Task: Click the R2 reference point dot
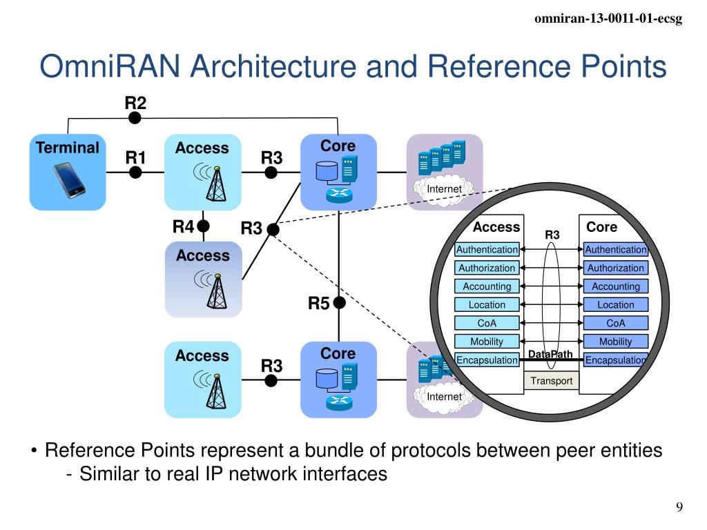(135, 118)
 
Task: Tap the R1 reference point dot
(135, 172)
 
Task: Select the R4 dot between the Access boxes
(204, 226)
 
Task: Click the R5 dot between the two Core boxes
(339, 303)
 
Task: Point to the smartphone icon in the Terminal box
(68, 181)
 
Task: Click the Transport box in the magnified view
(551, 381)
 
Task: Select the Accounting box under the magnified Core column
(615, 286)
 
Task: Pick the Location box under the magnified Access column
(487, 304)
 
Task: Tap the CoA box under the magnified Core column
(615, 323)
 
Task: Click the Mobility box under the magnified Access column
(487, 342)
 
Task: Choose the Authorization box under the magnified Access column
(487, 268)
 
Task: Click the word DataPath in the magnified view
(550, 354)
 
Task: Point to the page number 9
(679, 507)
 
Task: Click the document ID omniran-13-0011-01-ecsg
(608, 19)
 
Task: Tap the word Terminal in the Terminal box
(68, 148)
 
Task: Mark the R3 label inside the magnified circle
(552, 235)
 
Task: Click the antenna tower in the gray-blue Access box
(217, 291)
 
